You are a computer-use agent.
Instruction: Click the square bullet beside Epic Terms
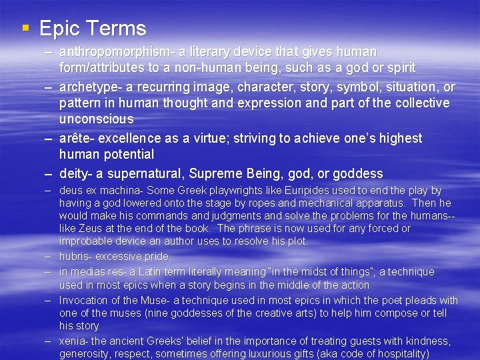25,29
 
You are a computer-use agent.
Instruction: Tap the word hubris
73,256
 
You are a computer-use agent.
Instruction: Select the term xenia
72,341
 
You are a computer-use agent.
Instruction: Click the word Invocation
83,300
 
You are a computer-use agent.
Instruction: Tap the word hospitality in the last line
398,354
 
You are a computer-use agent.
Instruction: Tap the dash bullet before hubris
49,256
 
